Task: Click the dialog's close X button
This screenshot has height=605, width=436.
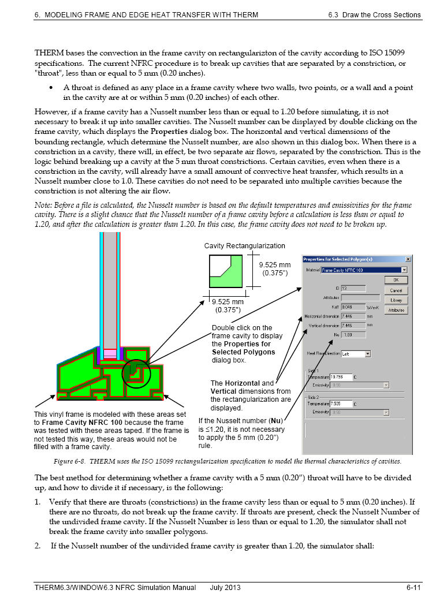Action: [x=408, y=259]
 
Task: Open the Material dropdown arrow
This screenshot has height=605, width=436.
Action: [x=404, y=270]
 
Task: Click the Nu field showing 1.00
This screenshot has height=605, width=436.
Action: [x=353, y=335]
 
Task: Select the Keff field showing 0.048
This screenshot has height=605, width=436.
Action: [x=353, y=307]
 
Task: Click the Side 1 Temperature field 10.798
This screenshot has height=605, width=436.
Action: [x=341, y=376]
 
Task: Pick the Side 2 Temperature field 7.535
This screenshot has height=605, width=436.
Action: [x=341, y=404]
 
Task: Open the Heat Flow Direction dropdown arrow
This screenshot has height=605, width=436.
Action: [x=367, y=353]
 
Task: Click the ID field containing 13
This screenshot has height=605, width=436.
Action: [x=353, y=288]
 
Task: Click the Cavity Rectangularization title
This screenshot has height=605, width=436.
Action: [x=244, y=246]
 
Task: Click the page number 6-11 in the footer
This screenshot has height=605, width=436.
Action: [x=412, y=588]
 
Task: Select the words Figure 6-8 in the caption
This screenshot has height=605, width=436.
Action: [x=68, y=461]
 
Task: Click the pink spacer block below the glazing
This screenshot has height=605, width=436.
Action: [x=109, y=353]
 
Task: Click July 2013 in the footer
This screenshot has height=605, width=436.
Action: [x=225, y=588]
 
